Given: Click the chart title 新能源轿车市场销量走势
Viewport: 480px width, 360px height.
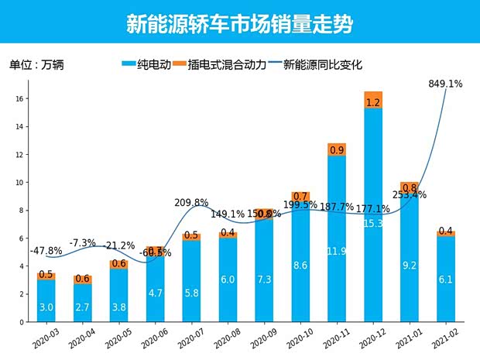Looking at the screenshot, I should pyautogui.click(x=239, y=24).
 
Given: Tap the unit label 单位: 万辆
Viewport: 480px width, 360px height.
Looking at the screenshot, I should pyautogui.click(x=36, y=65).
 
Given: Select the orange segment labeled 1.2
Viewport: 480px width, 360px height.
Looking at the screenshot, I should pyautogui.click(x=373, y=101).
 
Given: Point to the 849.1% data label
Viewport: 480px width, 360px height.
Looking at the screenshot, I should pyautogui.click(x=445, y=84).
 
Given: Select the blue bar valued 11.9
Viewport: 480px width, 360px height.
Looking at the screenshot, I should pyautogui.click(x=337, y=240).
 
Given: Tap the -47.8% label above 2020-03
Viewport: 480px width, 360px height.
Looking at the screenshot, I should pyautogui.click(x=46, y=252).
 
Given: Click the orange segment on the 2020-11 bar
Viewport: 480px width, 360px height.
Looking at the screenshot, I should pyautogui.click(x=337, y=150).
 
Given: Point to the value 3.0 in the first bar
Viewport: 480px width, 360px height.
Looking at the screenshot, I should pyautogui.click(x=46, y=308).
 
